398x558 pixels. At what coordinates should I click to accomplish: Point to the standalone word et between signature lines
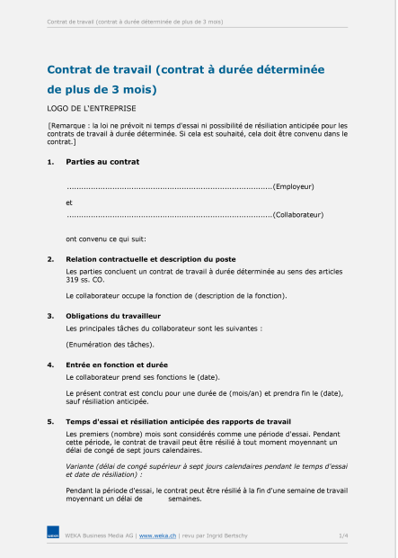coord(69,202)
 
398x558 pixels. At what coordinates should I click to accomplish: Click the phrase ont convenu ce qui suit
coord(105,238)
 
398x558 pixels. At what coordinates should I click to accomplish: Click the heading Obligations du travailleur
coord(113,316)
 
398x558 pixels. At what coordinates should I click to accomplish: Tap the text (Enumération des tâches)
coord(110,344)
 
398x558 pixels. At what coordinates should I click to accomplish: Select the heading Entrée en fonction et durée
coord(117,364)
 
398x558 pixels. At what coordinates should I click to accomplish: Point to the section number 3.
coord(49,316)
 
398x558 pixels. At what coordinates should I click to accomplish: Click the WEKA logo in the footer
coord(53,535)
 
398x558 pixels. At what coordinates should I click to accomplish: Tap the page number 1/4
coord(343,535)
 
